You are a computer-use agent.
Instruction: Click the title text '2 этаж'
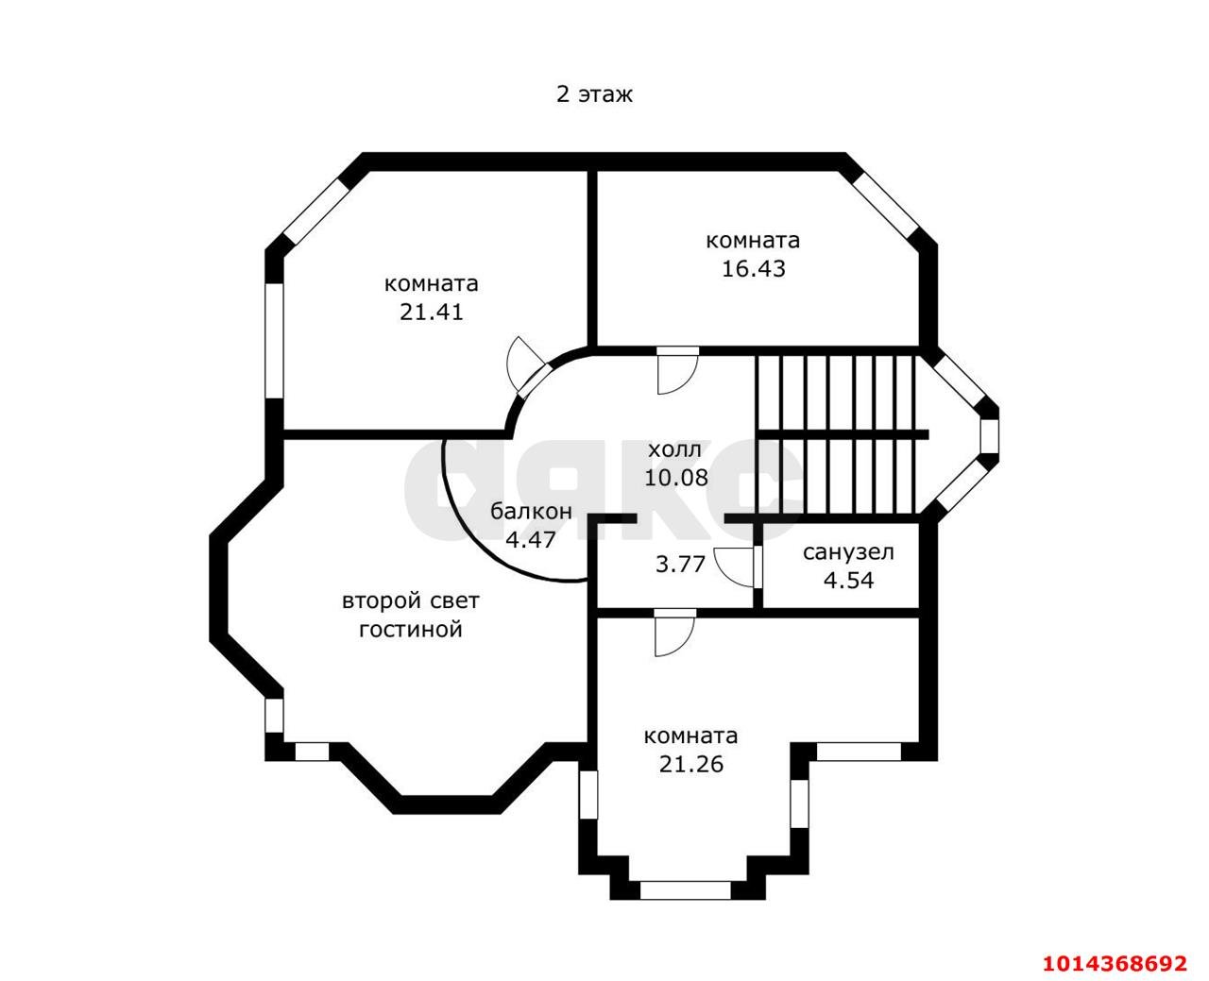(594, 93)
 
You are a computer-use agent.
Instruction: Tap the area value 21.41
(431, 313)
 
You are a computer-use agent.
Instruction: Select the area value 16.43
(753, 269)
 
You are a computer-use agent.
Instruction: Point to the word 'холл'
(675, 450)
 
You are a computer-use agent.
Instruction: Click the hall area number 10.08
(675, 478)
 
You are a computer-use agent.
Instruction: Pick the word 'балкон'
(531, 511)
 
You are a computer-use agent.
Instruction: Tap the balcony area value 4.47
(531, 539)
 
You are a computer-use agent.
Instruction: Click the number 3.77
(680, 565)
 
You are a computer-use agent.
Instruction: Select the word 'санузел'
(848, 552)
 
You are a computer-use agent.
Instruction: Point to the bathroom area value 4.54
(848, 581)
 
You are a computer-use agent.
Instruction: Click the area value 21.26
(690, 764)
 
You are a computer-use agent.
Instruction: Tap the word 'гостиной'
(410, 629)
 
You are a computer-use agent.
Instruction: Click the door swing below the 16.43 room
(678, 375)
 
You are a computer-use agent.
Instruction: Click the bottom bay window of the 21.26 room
(685, 890)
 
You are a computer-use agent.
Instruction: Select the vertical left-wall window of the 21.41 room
(274, 341)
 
